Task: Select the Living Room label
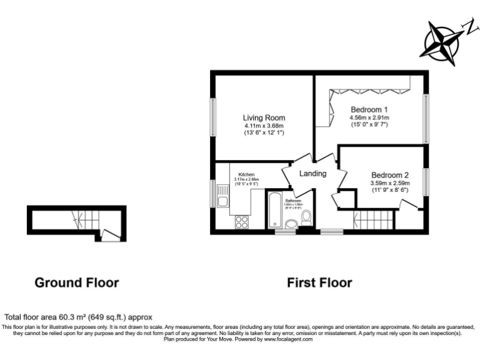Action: pyautogui.click(x=264, y=117)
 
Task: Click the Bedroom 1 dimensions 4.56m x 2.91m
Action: pyautogui.click(x=369, y=117)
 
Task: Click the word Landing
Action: pyautogui.click(x=312, y=173)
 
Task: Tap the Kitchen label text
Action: pyautogui.click(x=245, y=174)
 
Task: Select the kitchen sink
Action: pyautogui.click(x=222, y=201)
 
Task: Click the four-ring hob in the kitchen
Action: pyautogui.click(x=241, y=222)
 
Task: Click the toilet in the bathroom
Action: pyautogui.click(x=306, y=217)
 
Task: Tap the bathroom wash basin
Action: pyautogui.click(x=291, y=224)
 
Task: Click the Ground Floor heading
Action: pyautogui.click(x=76, y=282)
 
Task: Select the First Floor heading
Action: pyautogui.click(x=319, y=282)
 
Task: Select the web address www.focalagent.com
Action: pyautogui.click(x=288, y=339)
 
